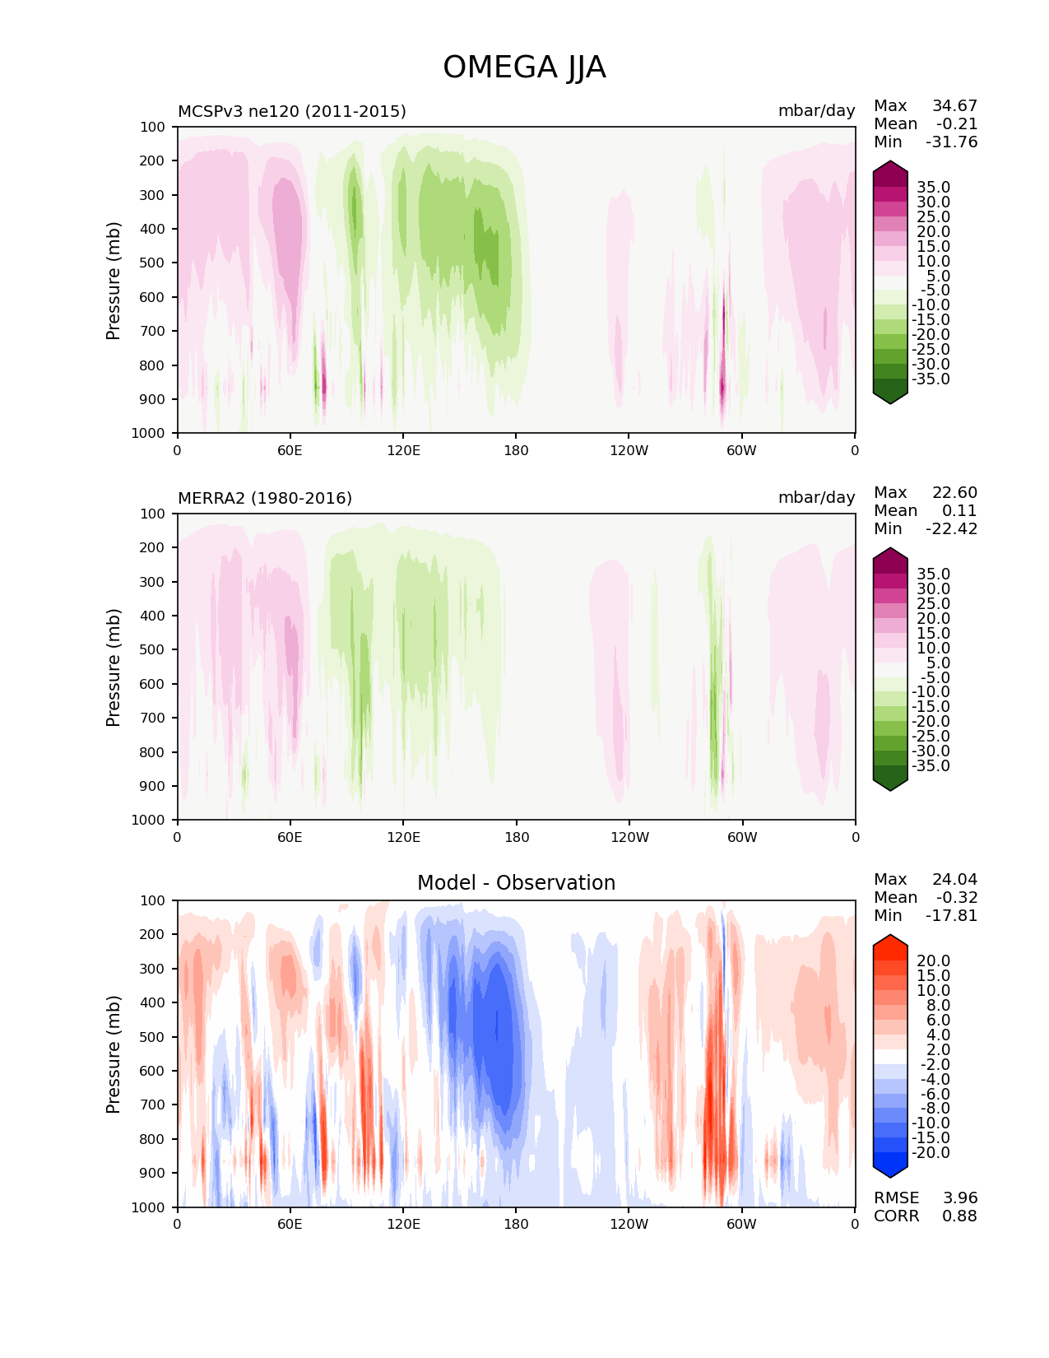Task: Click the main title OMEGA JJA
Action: [524, 67]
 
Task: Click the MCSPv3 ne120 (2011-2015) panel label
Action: [292, 111]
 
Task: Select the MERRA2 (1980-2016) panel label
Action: [265, 498]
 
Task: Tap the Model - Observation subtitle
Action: [516, 883]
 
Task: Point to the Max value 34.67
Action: [954, 105]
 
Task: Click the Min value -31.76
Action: [951, 142]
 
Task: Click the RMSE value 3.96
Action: [960, 1198]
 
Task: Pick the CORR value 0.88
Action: [960, 1216]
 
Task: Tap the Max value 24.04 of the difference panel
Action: [954, 879]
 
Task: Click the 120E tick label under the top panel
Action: [403, 450]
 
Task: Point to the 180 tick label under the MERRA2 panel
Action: [516, 837]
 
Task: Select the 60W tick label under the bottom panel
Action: [741, 1224]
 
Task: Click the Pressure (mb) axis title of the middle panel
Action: [114, 667]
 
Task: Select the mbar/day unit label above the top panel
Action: [816, 111]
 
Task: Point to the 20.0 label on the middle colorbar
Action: [934, 618]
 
